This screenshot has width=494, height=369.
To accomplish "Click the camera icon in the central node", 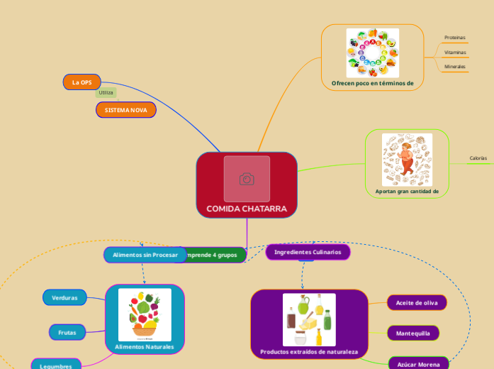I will (x=247, y=179).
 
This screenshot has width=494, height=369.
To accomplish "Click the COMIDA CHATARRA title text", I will (x=247, y=209).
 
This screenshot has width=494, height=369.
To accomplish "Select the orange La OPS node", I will (x=82, y=82).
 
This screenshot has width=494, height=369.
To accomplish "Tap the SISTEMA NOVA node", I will (x=126, y=111).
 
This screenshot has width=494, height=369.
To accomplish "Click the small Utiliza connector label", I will (x=106, y=93).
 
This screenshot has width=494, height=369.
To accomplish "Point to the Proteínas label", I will (x=455, y=37).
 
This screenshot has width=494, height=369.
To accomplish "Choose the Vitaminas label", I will (x=455, y=52).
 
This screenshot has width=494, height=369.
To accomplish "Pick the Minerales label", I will (x=455, y=67).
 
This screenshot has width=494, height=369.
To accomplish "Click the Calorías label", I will (x=478, y=158).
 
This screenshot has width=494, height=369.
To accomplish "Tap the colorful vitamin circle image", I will (x=372, y=53).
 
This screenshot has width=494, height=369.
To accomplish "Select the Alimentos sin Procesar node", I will (x=145, y=255).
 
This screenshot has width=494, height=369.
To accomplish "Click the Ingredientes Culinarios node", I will (x=308, y=252).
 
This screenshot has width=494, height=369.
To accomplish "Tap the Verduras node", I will (x=64, y=297).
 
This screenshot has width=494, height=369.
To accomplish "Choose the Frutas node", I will (x=67, y=331).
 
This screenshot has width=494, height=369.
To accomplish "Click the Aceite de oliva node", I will (x=417, y=303).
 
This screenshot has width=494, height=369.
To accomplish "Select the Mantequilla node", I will (x=413, y=333).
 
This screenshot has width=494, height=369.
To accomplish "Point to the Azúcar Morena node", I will (x=418, y=364).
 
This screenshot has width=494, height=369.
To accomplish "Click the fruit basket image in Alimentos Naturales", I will (x=145, y=314).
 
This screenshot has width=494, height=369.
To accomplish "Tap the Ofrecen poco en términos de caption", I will (x=372, y=83).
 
